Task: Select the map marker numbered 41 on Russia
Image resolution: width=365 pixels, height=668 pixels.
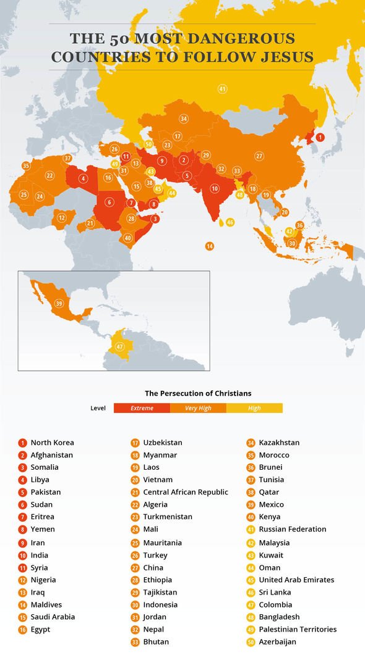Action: (x=222, y=89)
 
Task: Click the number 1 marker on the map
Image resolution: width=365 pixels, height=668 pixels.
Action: (x=320, y=138)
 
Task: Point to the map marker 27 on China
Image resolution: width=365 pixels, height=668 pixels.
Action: (x=259, y=156)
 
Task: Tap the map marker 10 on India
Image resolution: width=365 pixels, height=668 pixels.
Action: (x=215, y=188)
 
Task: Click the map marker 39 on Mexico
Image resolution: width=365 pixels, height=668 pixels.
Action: (x=59, y=303)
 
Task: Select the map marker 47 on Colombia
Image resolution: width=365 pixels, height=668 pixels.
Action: (x=119, y=346)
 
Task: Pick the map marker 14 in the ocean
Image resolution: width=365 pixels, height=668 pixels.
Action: (x=210, y=246)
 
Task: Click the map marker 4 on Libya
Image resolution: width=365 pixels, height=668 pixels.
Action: (x=83, y=179)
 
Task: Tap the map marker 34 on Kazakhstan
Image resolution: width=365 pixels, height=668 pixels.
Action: (x=184, y=118)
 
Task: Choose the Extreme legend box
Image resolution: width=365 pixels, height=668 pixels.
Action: (x=142, y=408)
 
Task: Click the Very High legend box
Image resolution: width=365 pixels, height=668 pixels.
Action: (x=198, y=408)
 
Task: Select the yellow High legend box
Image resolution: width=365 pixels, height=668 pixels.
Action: (x=254, y=408)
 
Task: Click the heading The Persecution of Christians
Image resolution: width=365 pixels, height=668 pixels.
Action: (x=198, y=393)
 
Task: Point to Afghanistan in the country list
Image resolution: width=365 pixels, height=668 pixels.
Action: (x=52, y=455)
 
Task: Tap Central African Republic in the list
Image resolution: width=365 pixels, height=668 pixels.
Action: (x=186, y=492)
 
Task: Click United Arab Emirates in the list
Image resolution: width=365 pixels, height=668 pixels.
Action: (x=296, y=580)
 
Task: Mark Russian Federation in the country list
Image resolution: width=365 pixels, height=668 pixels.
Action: (x=293, y=529)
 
